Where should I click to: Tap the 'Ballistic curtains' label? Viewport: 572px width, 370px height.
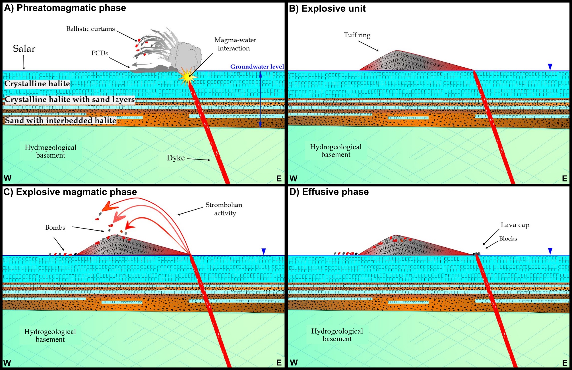pyautogui.click(x=90, y=29)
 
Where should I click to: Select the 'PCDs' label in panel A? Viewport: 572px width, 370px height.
pyautogui.click(x=100, y=53)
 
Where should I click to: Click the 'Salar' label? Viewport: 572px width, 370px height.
pyautogui.click(x=24, y=49)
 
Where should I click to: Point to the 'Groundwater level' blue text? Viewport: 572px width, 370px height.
pyautogui.click(x=257, y=67)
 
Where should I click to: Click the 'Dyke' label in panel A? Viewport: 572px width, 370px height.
pyautogui.click(x=175, y=158)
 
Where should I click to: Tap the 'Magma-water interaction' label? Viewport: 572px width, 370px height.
pyautogui.click(x=235, y=44)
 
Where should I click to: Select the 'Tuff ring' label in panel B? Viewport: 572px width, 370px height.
pyautogui.click(x=357, y=35)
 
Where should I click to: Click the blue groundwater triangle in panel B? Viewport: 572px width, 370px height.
pyautogui.click(x=550, y=67)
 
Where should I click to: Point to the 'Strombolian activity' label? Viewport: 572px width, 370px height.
pyautogui.click(x=224, y=209)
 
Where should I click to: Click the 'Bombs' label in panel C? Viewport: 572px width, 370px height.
pyautogui.click(x=55, y=227)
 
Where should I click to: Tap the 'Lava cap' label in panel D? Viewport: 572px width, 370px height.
pyautogui.click(x=515, y=225)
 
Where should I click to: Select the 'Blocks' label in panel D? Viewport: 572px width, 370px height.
pyautogui.click(x=508, y=239)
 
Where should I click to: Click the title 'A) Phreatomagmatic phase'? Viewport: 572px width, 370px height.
pyautogui.click(x=65, y=8)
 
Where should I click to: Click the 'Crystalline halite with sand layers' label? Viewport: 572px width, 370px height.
pyautogui.click(x=69, y=99)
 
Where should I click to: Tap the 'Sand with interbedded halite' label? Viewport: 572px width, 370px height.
pyautogui.click(x=61, y=120)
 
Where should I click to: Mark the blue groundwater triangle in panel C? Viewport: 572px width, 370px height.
pyautogui.click(x=264, y=251)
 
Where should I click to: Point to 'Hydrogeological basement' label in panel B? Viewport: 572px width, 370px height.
pyautogui.click(x=336, y=150)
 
